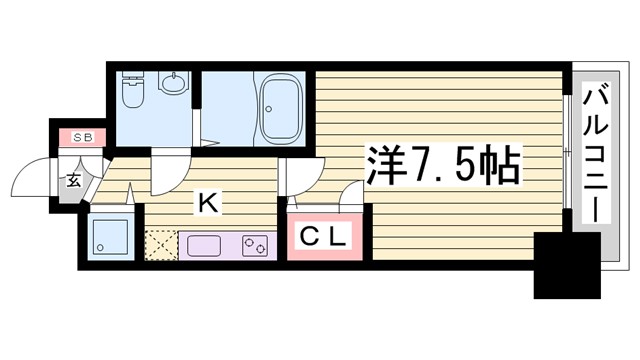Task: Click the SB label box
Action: (82, 137)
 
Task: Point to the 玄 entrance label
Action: (75, 182)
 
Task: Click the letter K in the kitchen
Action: (207, 203)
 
